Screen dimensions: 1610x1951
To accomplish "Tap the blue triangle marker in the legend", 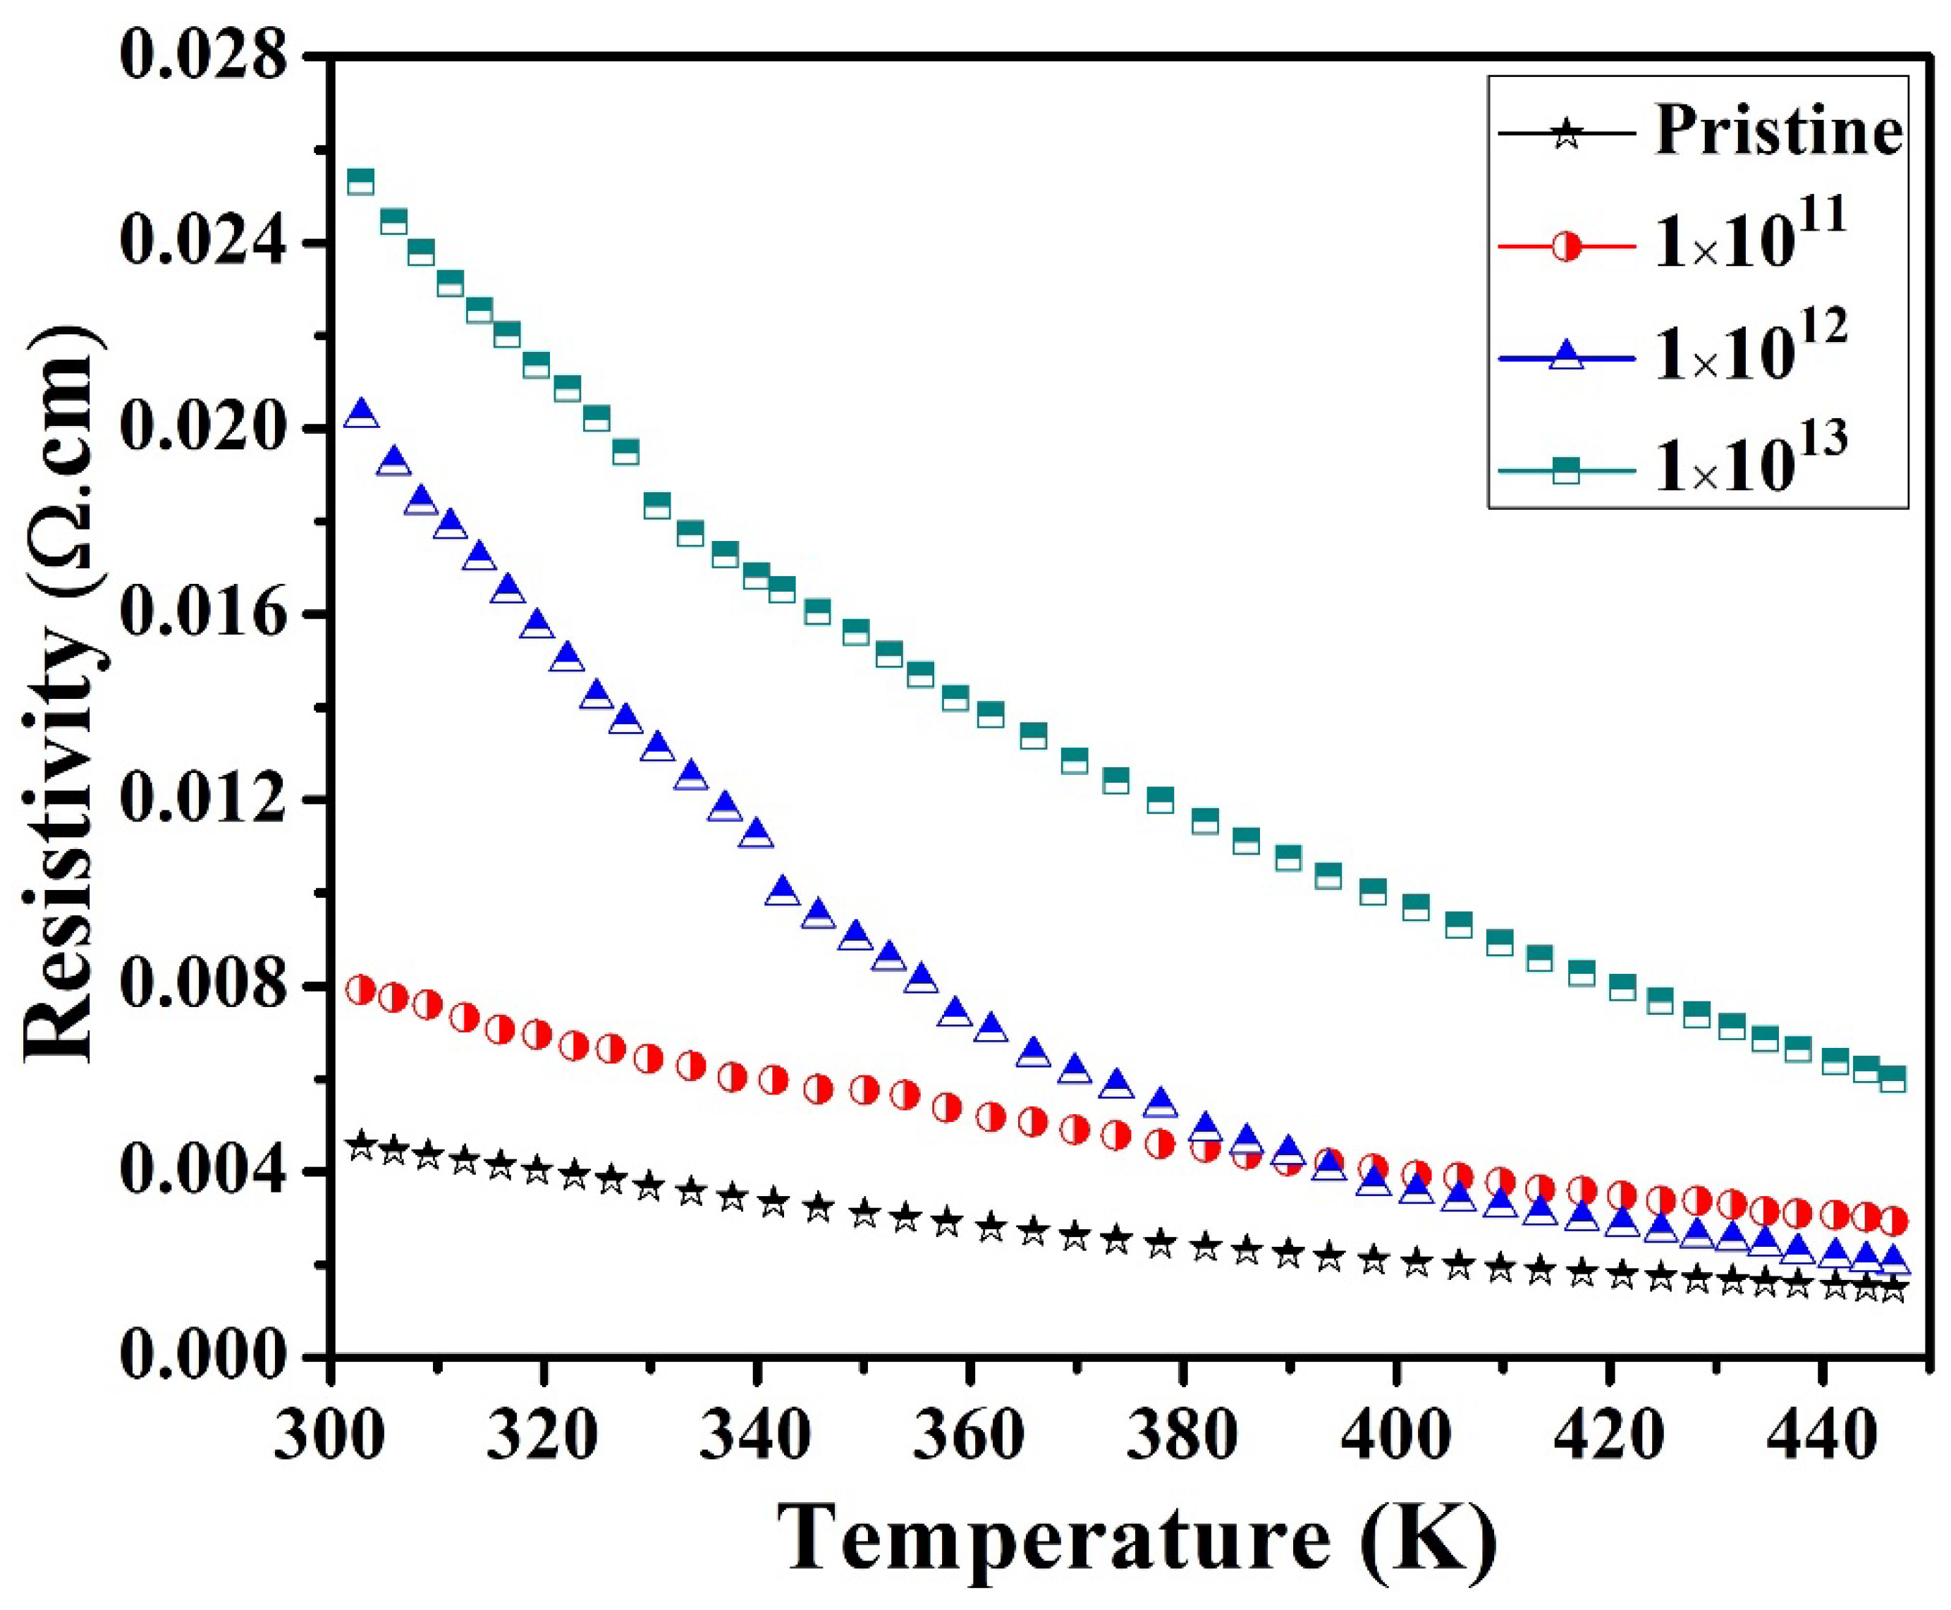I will (1566, 356).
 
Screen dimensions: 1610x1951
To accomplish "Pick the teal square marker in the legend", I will (1566, 469).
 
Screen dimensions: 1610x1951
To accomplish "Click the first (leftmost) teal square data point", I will (361, 181).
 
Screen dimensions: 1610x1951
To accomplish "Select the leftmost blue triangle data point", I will (361, 414).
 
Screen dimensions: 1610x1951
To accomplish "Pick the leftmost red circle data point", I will (361, 989).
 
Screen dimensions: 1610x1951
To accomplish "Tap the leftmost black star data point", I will (362, 1145).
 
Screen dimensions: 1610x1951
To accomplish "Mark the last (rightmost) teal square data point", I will (1892, 1078).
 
